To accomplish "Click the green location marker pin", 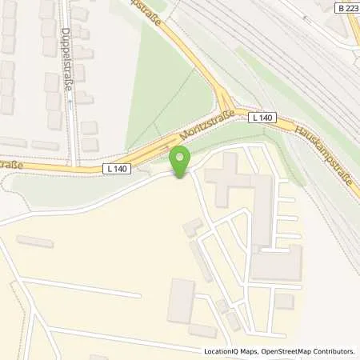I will pos(181,161).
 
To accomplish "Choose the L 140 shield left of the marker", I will pos(116,169).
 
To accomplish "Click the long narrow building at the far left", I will pos(34,241).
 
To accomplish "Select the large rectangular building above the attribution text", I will pos(180,300).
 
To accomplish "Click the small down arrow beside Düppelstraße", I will pos(70,102).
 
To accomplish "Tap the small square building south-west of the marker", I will pos(192,228).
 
